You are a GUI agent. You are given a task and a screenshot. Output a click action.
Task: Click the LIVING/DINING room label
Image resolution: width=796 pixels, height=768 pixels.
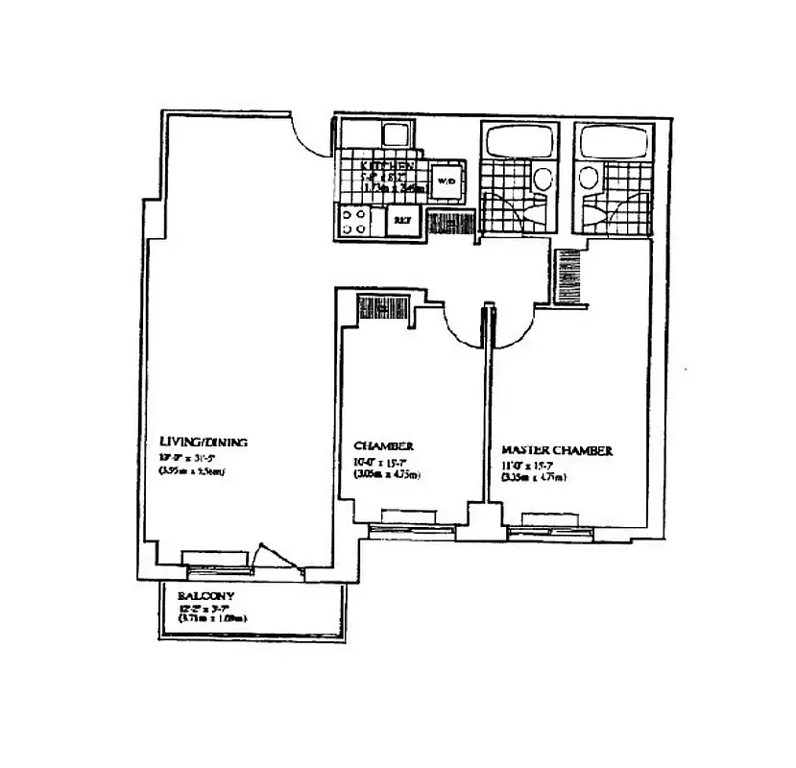tap(203, 442)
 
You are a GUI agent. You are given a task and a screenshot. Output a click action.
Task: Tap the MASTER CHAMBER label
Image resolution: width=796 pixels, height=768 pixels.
tap(558, 450)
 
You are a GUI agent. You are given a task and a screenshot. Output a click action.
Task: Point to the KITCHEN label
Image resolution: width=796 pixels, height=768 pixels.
tap(387, 166)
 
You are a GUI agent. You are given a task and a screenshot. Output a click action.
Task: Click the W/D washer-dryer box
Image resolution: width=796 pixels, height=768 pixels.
tap(446, 180)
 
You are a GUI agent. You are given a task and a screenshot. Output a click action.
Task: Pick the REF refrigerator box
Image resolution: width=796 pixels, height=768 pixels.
tap(400, 221)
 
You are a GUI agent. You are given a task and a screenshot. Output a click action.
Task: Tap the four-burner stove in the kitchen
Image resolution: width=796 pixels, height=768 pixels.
tap(353, 222)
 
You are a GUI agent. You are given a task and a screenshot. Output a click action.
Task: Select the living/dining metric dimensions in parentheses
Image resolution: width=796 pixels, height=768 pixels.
tap(191, 471)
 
